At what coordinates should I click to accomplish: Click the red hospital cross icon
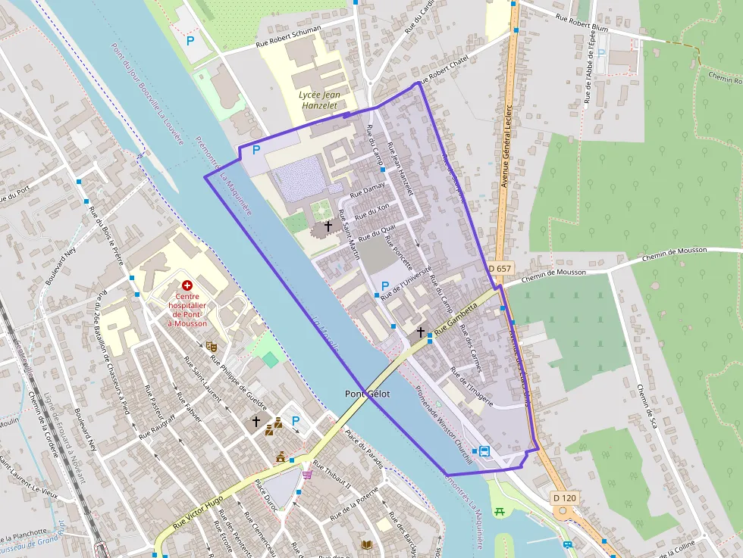coord(187,285)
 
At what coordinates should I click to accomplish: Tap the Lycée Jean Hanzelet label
coord(319,101)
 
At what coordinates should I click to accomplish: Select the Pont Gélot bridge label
coord(367,394)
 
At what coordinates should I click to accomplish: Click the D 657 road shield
coord(500,269)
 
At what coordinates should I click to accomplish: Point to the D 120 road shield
coord(564,498)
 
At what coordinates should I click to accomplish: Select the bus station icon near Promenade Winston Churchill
coord(484,451)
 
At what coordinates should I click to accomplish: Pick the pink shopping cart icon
coord(307,475)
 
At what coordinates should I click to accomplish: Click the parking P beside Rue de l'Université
coord(385,286)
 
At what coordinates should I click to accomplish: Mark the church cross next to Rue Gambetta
coord(420,332)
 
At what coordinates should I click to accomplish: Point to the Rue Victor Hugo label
coord(198,512)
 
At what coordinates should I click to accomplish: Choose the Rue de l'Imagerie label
coord(472,387)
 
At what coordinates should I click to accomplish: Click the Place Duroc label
coord(267,496)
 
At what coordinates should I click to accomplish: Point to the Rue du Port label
coord(13,198)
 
